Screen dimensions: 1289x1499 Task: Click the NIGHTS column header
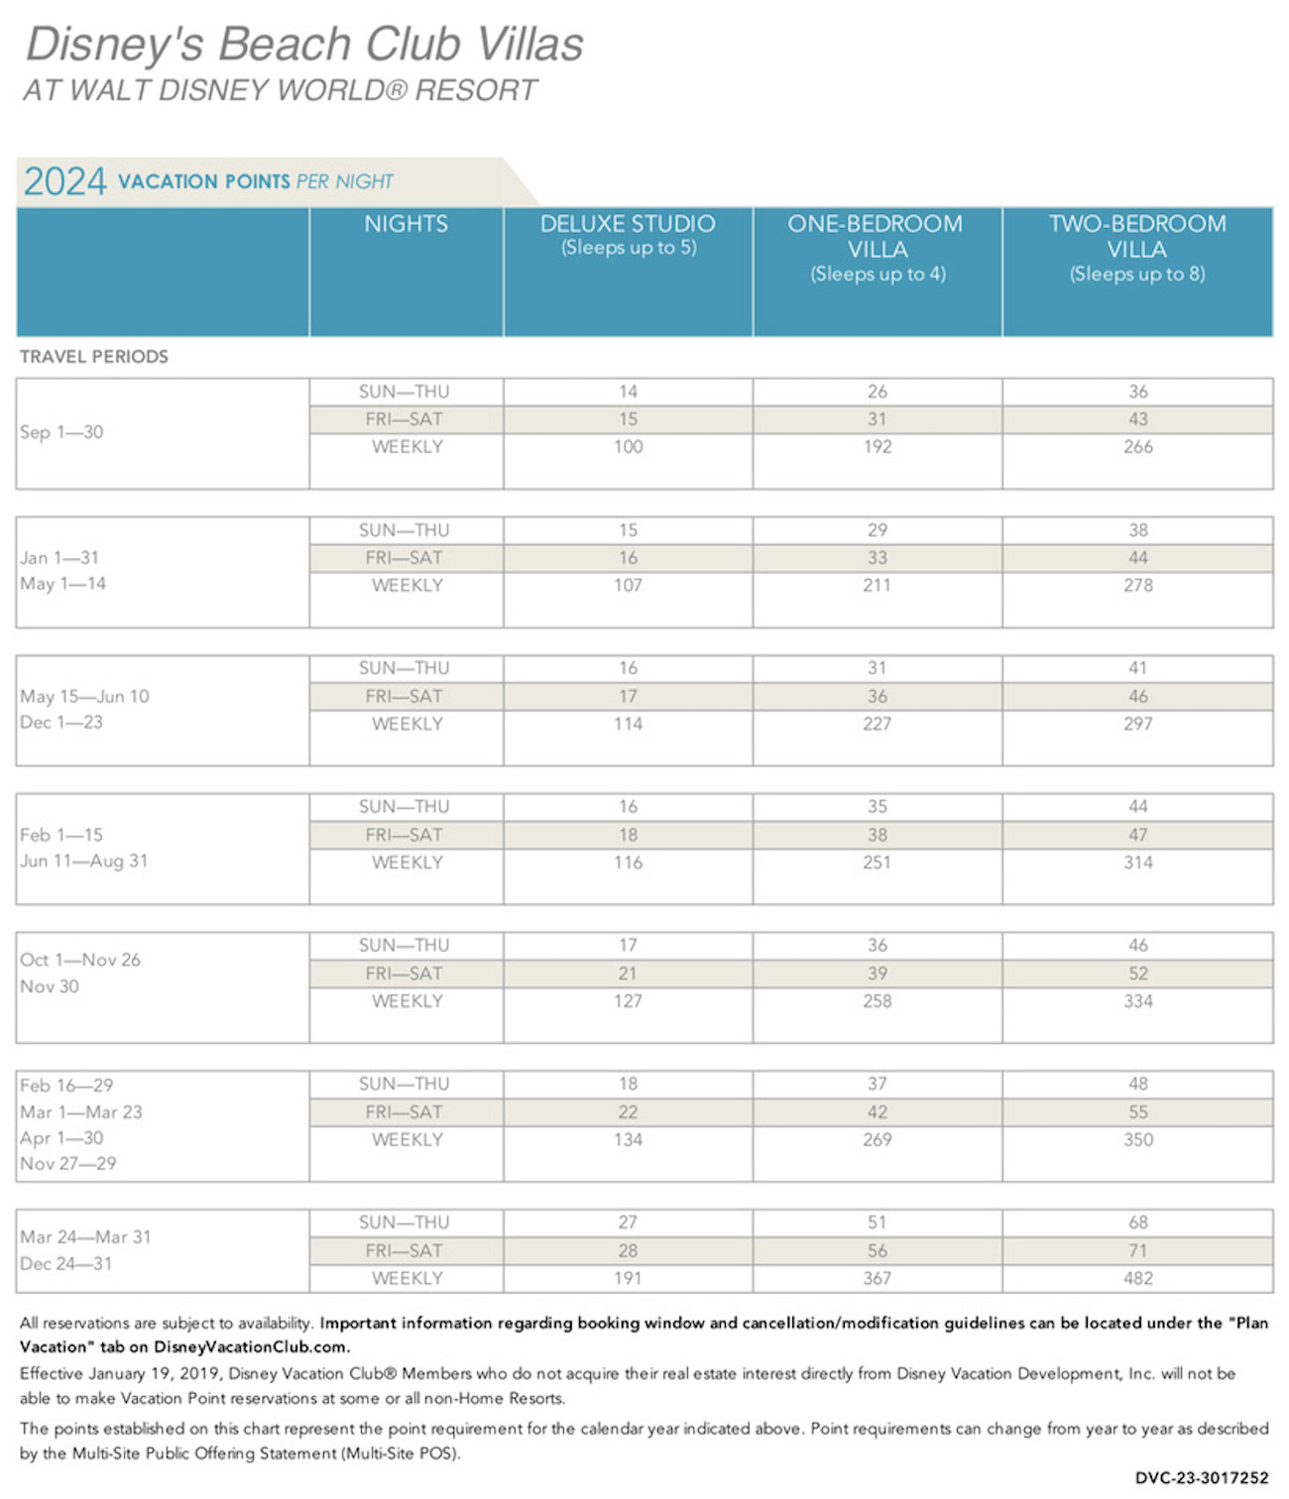point(406,223)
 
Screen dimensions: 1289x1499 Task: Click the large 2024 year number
point(64,181)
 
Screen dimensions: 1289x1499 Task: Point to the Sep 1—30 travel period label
point(61,432)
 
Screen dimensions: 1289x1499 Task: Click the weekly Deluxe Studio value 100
point(628,447)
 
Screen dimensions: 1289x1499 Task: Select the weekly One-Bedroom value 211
point(877,585)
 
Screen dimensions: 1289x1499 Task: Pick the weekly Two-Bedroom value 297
point(1137,724)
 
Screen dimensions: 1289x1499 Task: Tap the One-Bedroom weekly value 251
point(877,863)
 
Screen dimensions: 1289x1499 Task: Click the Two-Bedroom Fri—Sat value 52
point(1137,974)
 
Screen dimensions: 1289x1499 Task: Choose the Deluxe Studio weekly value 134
point(628,1139)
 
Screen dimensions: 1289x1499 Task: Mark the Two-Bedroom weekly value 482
point(1137,1278)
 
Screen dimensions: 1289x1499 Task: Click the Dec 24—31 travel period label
point(66,1263)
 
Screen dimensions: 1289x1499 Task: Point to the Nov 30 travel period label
point(50,986)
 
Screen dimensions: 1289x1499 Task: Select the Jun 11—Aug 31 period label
point(84,861)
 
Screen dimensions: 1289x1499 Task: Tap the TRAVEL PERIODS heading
point(94,357)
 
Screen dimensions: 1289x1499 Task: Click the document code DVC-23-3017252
point(1202,1478)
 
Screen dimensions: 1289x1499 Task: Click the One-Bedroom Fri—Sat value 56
point(877,1250)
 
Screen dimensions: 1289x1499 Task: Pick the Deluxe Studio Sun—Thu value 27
point(628,1222)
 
